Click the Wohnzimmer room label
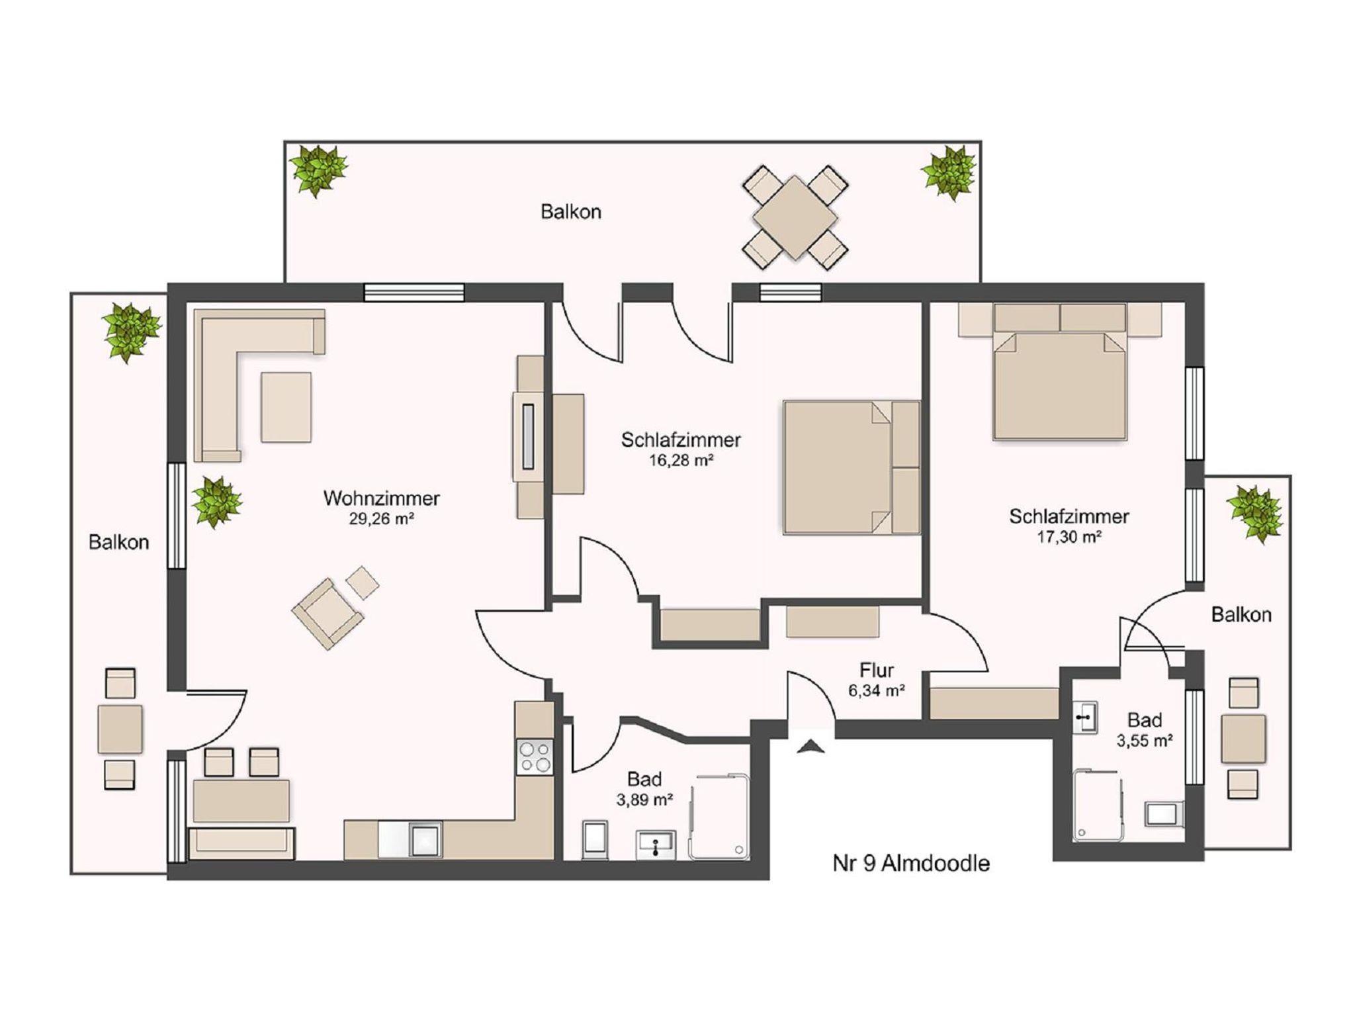(381, 498)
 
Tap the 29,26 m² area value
(381, 519)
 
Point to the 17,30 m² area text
(1069, 537)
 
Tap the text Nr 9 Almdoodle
(911, 863)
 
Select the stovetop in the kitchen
(535, 757)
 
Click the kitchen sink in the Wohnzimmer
(425, 840)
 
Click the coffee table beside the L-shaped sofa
(286, 407)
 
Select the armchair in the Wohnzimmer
(328, 613)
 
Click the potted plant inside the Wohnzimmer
(216, 502)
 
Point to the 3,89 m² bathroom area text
(644, 800)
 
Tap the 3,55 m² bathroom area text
(1145, 741)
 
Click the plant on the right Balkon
(1254, 514)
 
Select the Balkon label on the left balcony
(118, 543)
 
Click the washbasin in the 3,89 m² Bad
(655, 845)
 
